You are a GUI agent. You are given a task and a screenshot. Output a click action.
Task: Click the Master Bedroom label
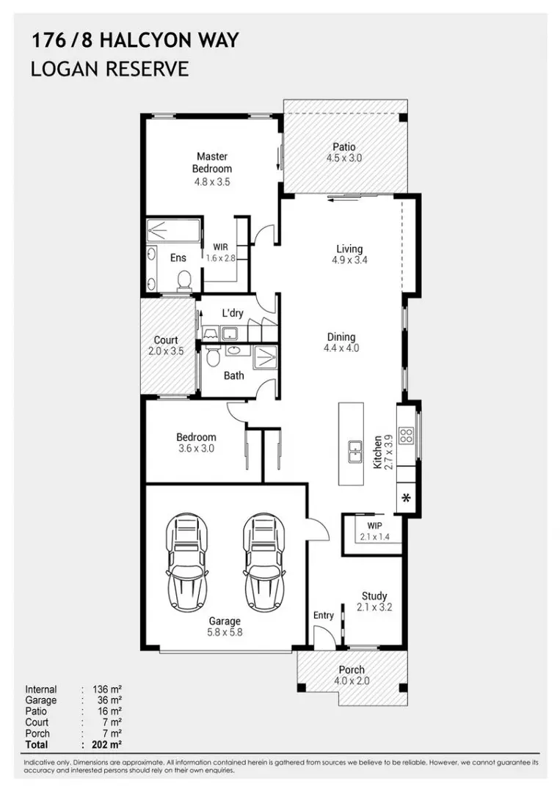click(x=212, y=163)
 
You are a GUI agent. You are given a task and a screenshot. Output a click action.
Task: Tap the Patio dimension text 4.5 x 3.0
click(x=344, y=158)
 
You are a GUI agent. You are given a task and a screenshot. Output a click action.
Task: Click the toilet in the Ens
click(x=184, y=280)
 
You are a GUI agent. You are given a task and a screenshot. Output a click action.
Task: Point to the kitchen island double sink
click(x=355, y=452)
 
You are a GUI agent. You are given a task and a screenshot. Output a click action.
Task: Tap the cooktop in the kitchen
click(x=407, y=436)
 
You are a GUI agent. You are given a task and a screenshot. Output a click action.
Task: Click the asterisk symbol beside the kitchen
click(x=406, y=498)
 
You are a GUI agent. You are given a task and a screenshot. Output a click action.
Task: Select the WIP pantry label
click(x=374, y=526)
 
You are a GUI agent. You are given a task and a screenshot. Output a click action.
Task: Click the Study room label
click(x=374, y=596)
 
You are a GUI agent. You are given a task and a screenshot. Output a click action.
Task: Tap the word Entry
click(x=324, y=615)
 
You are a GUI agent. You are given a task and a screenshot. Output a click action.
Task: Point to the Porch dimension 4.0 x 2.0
click(x=352, y=681)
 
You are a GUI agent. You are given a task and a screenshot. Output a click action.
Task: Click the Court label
click(x=166, y=340)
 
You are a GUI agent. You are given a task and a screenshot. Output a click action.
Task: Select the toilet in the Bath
click(x=213, y=356)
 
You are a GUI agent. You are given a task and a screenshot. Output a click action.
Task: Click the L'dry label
click(x=233, y=313)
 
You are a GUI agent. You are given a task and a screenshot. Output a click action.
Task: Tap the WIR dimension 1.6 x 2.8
click(x=221, y=257)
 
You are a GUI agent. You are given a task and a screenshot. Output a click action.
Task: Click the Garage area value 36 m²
click(x=109, y=700)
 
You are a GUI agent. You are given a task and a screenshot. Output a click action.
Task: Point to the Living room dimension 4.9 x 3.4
click(x=350, y=260)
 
